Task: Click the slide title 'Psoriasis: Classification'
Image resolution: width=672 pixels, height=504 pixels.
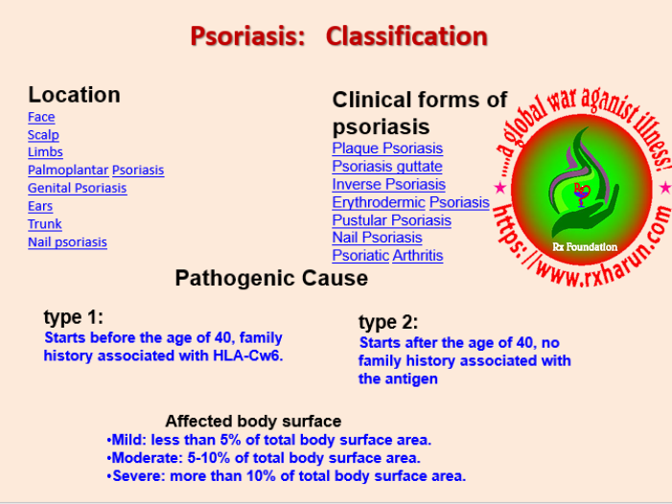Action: tap(338, 36)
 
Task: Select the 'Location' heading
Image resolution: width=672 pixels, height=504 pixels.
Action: tap(74, 95)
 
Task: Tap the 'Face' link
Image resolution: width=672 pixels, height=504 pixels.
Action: tap(41, 117)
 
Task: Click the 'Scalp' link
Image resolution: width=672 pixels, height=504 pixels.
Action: tap(43, 135)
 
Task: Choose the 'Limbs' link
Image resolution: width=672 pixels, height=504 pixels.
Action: tap(45, 152)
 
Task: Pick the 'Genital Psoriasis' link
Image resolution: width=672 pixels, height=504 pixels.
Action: tap(77, 188)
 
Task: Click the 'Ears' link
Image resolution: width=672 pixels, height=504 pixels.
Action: tap(40, 206)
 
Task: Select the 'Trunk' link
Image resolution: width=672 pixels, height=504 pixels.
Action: tap(44, 224)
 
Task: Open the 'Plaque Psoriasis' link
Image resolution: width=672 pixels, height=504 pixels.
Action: tap(387, 149)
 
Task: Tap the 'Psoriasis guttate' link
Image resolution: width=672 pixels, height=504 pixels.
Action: tap(387, 167)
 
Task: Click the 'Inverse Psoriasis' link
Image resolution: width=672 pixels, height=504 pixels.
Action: tap(388, 184)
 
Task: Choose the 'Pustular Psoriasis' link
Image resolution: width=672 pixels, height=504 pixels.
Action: tap(391, 220)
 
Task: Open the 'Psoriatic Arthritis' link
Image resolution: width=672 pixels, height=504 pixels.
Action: tap(387, 256)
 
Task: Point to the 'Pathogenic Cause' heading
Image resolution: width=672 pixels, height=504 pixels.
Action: tap(271, 279)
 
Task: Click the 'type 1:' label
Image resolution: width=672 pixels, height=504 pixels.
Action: tap(73, 317)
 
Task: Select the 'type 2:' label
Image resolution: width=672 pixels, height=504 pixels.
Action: tap(388, 322)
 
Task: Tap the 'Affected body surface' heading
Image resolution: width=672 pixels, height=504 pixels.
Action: tap(253, 422)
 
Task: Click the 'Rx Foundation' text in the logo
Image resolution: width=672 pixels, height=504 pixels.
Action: tap(585, 246)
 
